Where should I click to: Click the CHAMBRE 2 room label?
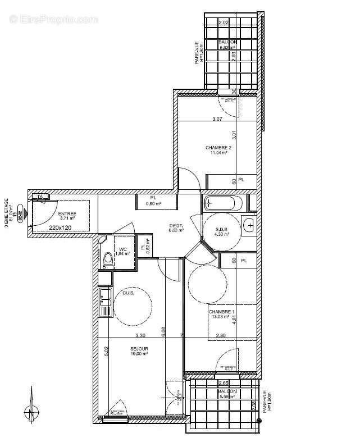(x=218, y=148)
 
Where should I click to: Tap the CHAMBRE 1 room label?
(x=221, y=312)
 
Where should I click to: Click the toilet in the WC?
(x=107, y=259)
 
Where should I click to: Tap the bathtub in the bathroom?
(x=223, y=202)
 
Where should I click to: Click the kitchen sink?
(x=104, y=303)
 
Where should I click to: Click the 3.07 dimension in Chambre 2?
(x=218, y=119)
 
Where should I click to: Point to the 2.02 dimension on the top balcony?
(x=224, y=22)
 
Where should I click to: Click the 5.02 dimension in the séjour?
(x=106, y=352)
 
